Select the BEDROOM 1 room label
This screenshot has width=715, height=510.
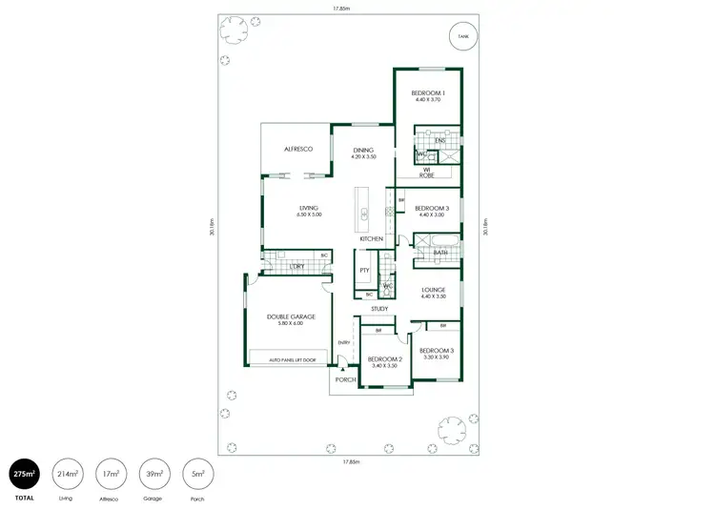[x=429, y=93]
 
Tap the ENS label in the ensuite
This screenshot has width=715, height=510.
[x=439, y=141]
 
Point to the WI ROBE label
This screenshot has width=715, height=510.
[x=427, y=173]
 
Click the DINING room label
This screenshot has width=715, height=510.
[x=363, y=150]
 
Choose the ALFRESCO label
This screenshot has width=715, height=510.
[x=298, y=150]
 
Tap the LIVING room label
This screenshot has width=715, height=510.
[x=309, y=208]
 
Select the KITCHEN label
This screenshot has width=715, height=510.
[x=372, y=238]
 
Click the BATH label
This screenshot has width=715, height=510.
[x=441, y=253]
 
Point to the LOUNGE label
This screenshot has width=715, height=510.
[x=434, y=290]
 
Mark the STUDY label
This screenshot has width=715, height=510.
[x=379, y=309]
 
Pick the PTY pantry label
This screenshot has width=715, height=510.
[x=364, y=271]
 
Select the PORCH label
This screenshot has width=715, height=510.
[x=345, y=379]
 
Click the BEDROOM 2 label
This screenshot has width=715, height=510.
[x=384, y=359]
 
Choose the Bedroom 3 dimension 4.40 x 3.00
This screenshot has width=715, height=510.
[x=432, y=214]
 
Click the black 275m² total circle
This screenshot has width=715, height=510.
[x=24, y=473]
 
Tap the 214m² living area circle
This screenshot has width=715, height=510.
[x=68, y=473]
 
